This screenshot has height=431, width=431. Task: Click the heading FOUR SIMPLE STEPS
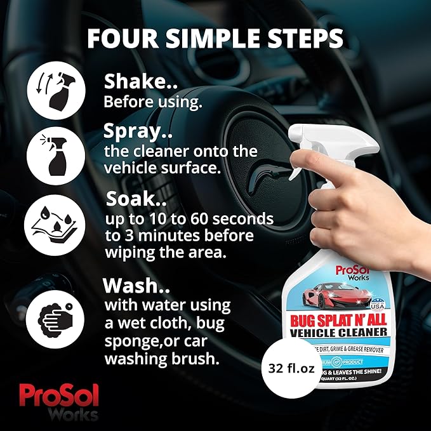coord(216,37)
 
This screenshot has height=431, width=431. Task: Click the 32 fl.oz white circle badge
coord(293,368)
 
